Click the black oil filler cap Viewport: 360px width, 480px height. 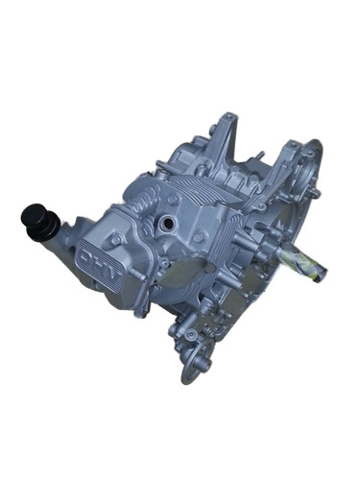click(x=35, y=216)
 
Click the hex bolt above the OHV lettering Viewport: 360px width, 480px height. click(x=116, y=238)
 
